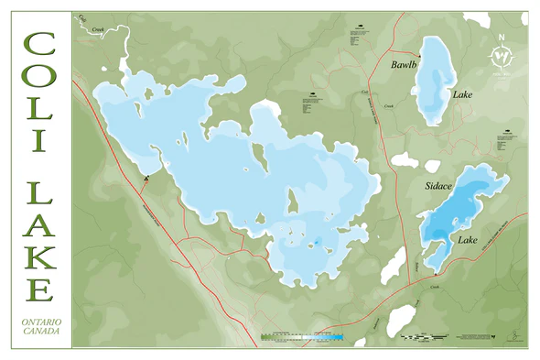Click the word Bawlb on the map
pos(404,65)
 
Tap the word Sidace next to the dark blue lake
pos(439,186)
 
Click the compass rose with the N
pos(500,57)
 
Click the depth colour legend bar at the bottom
pos(302,337)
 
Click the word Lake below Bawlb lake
pos(460,93)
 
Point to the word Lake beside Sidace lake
pos(468,240)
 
